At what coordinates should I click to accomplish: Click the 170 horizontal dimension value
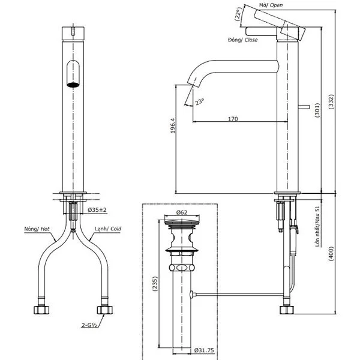coord(233,119)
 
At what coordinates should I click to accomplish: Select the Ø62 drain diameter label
coord(183,212)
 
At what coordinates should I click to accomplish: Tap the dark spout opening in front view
coord(73,83)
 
